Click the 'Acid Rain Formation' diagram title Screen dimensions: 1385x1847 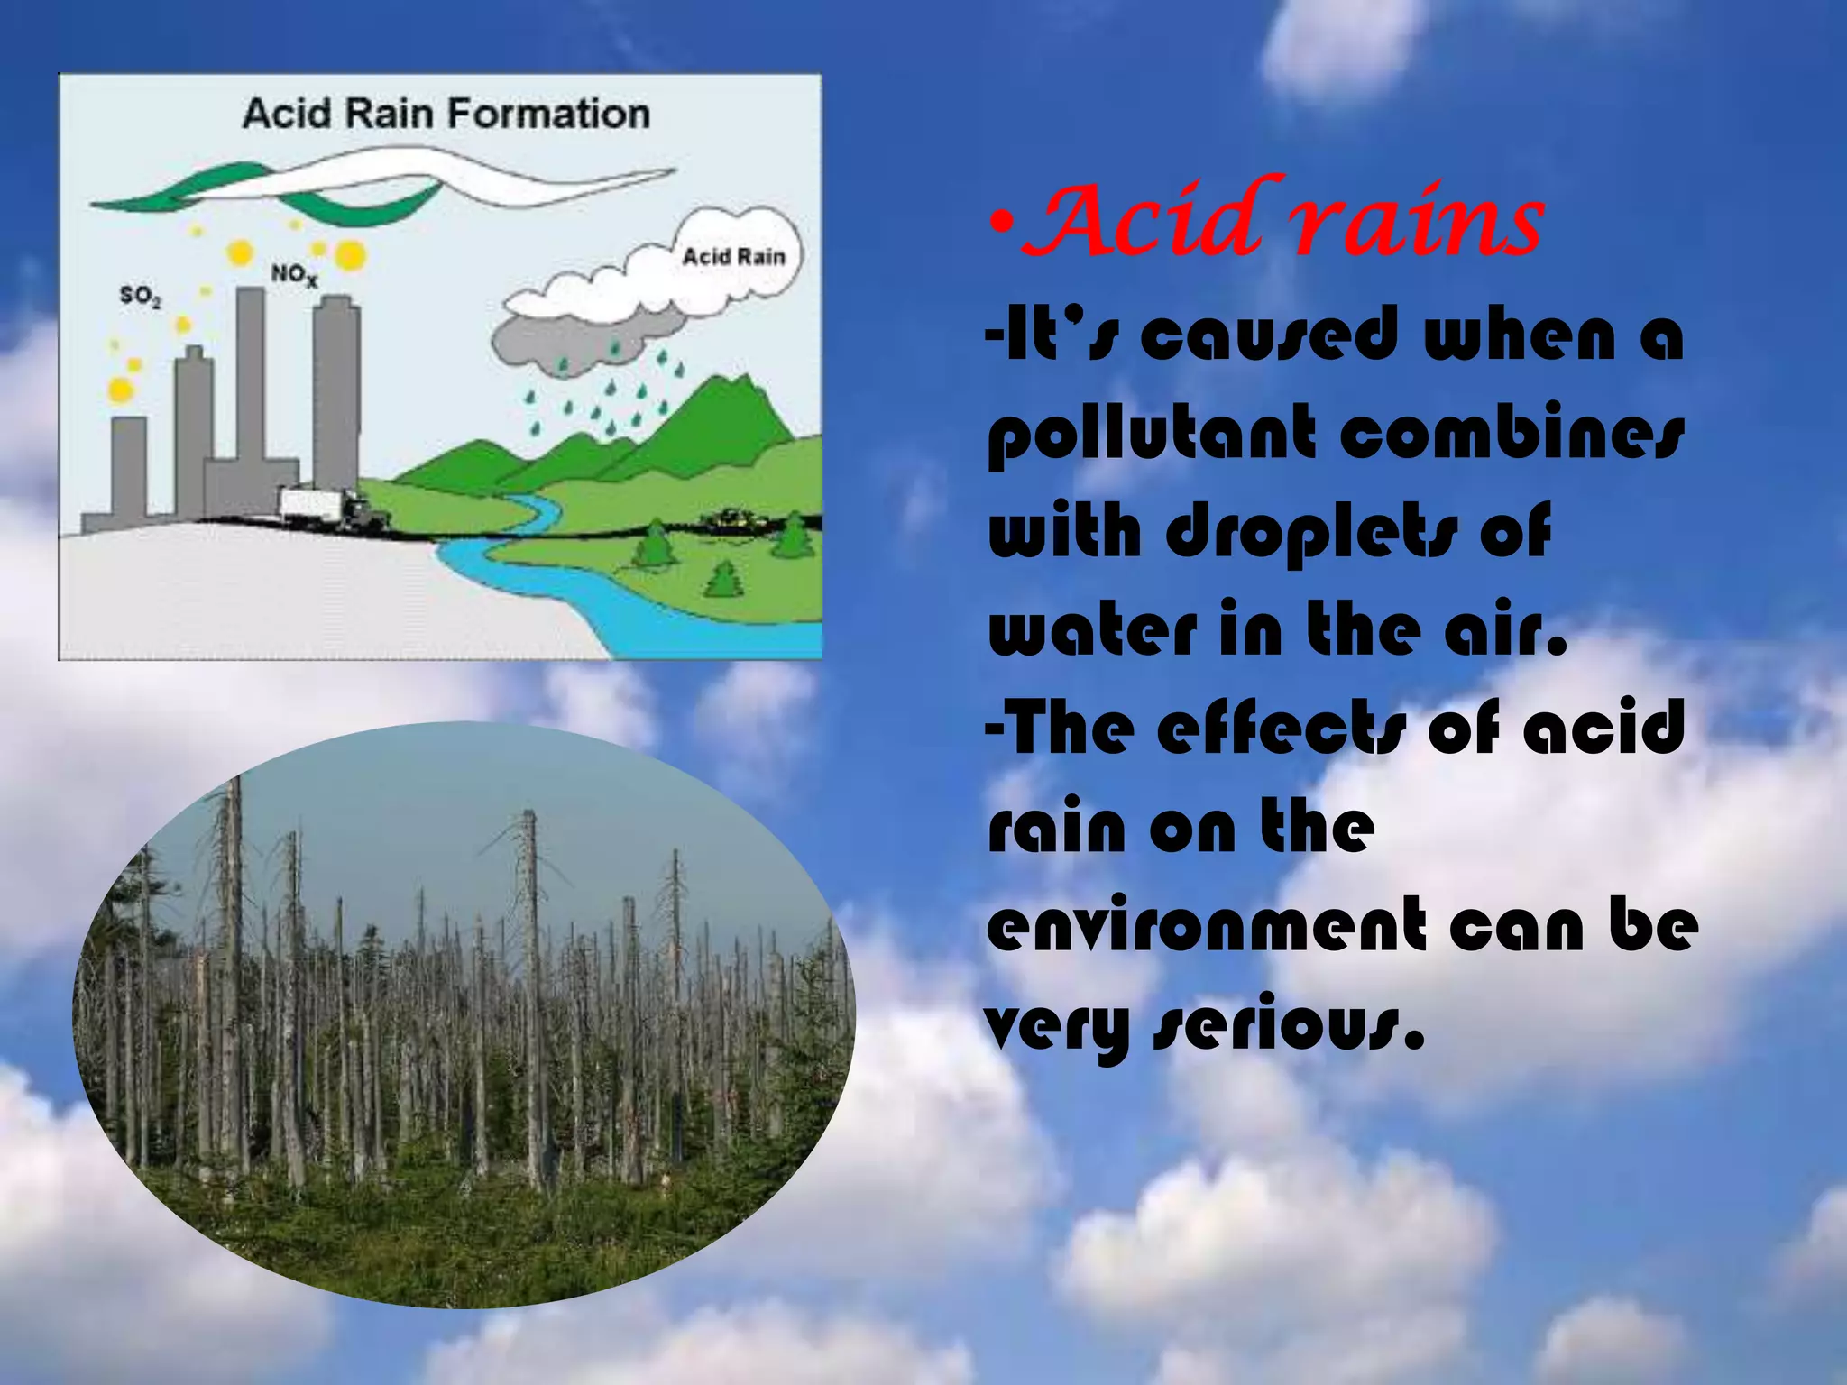pos(446,115)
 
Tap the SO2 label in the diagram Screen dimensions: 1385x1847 pos(140,296)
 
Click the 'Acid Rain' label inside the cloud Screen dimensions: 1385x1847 pos(733,257)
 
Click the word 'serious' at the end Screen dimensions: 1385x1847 pos(1290,1028)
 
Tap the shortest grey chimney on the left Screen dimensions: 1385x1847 pos(129,469)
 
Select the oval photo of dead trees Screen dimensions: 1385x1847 pos(464,1015)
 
